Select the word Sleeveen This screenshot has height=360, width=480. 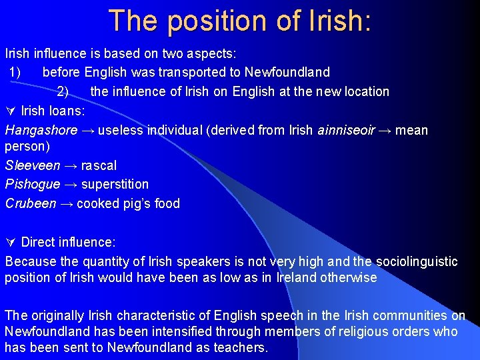coord(33,165)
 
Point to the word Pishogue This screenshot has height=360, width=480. coord(32,184)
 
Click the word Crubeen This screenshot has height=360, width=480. coord(31,203)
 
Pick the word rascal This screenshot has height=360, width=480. coord(99,165)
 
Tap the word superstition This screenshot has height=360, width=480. coord(115,184)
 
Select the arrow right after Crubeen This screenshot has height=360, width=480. coord(67,203)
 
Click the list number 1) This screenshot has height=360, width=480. coord(17,72)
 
